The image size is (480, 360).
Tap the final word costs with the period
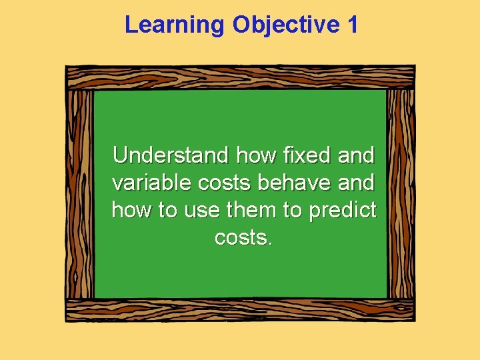pos(244,237)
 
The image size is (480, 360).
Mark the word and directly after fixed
pos(357,156)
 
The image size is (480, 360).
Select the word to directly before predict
pos(293,210)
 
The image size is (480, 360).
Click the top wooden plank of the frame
pos(240,77)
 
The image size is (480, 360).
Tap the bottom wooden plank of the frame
pos(240,310)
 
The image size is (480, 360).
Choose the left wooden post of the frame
pos(80,193)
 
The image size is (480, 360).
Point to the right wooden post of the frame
pos(400,193)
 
